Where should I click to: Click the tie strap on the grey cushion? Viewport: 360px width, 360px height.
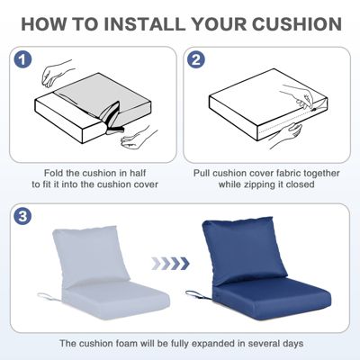click(45, 296)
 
